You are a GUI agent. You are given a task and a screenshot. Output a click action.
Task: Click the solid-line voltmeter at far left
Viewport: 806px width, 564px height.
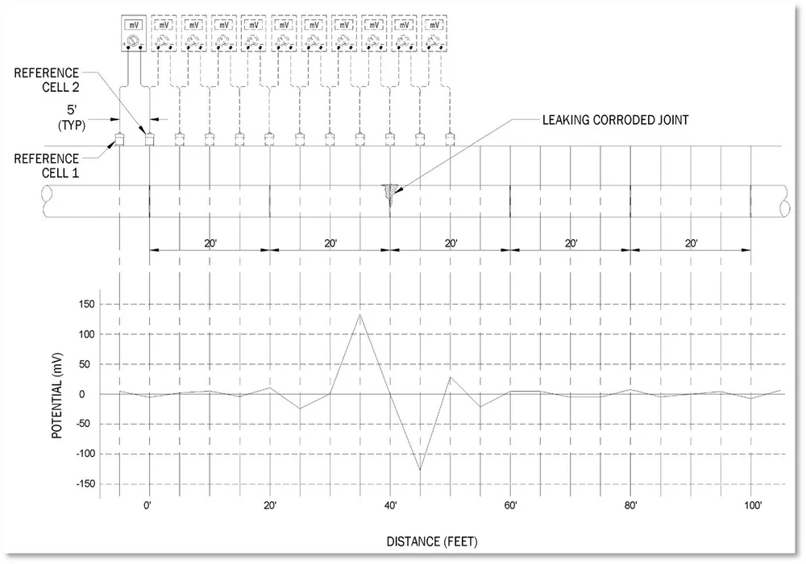pyautogui.click(x=134, y=33)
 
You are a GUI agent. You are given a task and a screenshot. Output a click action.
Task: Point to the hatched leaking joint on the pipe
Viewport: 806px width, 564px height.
pyautogui.click(x=390, y=193)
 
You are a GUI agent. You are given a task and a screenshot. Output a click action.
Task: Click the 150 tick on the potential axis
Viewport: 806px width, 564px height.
pyautogui.click(x=87, y=305)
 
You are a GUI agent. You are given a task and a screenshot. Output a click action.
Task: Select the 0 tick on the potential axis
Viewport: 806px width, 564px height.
pyautogui.click(x=93, y=394)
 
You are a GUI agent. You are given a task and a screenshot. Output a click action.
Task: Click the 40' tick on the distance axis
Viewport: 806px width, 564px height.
pyautogui.click(x=390, y=506)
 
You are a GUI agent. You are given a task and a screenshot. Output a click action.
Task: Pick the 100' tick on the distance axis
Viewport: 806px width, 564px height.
pyautogui.click(x=751, y=506)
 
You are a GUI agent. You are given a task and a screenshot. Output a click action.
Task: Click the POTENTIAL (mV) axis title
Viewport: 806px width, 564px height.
pyautogui.click(x=57, y=395)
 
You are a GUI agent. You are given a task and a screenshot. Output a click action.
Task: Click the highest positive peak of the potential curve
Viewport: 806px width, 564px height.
pyautogui.click(x=359, y=313)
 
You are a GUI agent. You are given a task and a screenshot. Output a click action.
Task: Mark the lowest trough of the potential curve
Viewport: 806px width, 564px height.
pyautogui.click(x=420, y=470)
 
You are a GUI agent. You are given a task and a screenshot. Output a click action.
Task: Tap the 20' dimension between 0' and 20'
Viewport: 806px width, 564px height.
pyautogui.click(x=209, y=243)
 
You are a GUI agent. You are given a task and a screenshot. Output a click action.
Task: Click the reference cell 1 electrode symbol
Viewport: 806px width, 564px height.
pyautogui.click(x=119, y=139)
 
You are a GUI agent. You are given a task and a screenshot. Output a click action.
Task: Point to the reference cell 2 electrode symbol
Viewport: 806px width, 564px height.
pyautogui.click(x=149, y=139)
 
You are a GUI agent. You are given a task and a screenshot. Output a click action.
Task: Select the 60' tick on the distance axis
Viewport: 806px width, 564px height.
pyautogui.click(x=510, y=506)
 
